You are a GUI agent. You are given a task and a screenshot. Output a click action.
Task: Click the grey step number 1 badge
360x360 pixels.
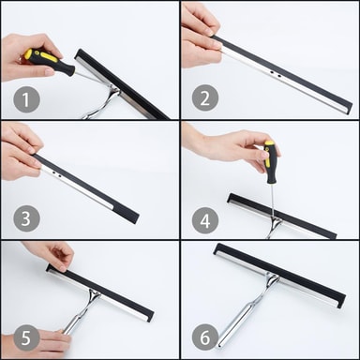[26, 99]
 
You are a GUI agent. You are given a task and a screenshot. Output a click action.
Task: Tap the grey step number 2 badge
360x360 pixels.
[205, 97]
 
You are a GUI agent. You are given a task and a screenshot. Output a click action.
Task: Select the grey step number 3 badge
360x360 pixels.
[26, 218]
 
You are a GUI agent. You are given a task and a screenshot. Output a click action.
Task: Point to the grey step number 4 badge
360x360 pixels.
[205, 221]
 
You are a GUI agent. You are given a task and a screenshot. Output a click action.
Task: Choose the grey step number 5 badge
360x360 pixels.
[26, 337]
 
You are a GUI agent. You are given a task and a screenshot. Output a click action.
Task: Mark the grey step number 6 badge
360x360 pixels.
[205, 337]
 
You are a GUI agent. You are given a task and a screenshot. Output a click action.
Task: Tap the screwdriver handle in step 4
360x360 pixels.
[271, 162]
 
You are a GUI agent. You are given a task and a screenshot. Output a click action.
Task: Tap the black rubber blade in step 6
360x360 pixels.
[279, 271]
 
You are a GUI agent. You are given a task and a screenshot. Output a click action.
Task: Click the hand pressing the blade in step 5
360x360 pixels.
[52, 255]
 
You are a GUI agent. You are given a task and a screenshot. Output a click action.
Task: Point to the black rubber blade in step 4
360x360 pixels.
[282, 216]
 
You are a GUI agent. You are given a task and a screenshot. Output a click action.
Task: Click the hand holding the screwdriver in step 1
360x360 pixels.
[30, 56]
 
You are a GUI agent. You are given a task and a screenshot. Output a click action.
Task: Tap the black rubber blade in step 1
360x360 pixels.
[122, 83]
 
